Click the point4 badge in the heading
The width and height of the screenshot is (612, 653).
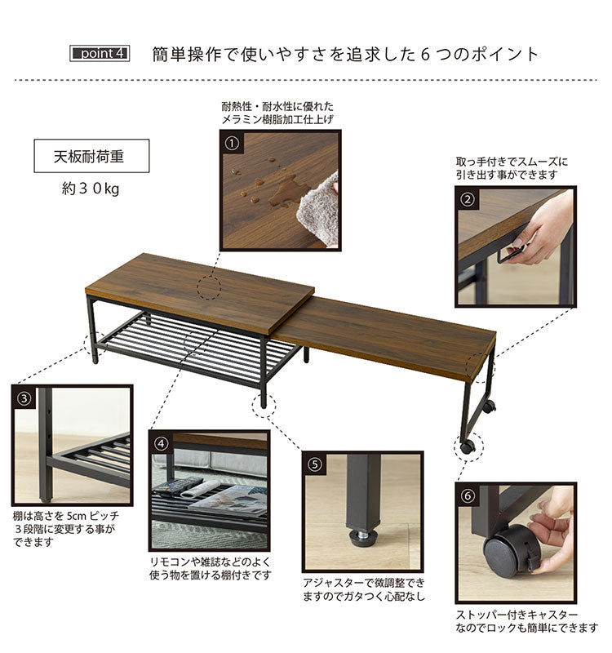coord(100,55)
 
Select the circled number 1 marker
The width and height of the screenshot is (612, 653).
coord(232,144)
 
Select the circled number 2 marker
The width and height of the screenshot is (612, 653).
coord(468,199)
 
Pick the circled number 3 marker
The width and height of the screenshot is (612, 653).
coord(24,398)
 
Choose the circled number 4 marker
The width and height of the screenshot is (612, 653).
coord(162,444)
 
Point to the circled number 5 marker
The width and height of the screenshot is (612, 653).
coord(314,464)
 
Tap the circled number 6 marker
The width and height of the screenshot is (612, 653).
coord(468,495)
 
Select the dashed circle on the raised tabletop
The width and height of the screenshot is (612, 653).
coord(210,287)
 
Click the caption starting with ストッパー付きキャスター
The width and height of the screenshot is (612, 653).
coord(526,620)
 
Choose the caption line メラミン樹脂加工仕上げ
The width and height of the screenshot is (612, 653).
coord(278,120)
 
